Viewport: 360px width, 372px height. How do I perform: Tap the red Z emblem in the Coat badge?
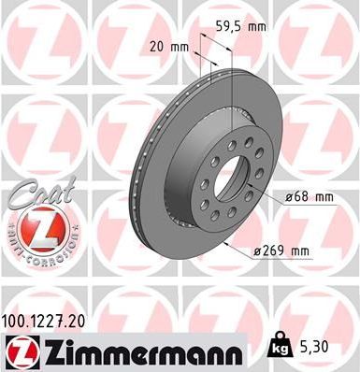click(x=37, y=227)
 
